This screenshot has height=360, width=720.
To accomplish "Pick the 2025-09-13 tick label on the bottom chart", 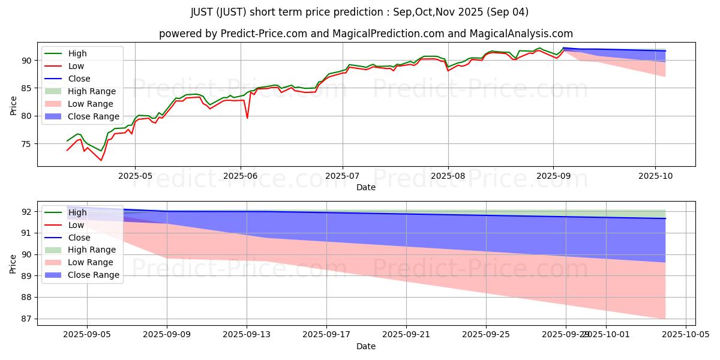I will click(x=247, y=334).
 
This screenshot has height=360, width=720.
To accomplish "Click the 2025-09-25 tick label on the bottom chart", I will click(x=486, y=334).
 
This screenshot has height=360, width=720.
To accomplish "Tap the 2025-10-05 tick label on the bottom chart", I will click(x=685, y=334).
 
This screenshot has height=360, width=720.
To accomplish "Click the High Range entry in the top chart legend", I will click(x=91, y=91).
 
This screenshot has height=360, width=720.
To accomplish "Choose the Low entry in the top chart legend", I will click(x=76, y=66).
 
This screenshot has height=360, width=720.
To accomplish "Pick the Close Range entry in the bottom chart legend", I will click(x=93, y=275).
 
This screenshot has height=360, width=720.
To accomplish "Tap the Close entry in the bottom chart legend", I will click(x=79, y=238).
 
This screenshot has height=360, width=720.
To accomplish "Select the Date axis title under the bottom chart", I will click(x=366, y=346).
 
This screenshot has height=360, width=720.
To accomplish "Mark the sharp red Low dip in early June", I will click(x=247, y=118).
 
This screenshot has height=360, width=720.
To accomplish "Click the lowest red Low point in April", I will click(x=101, y=160).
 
